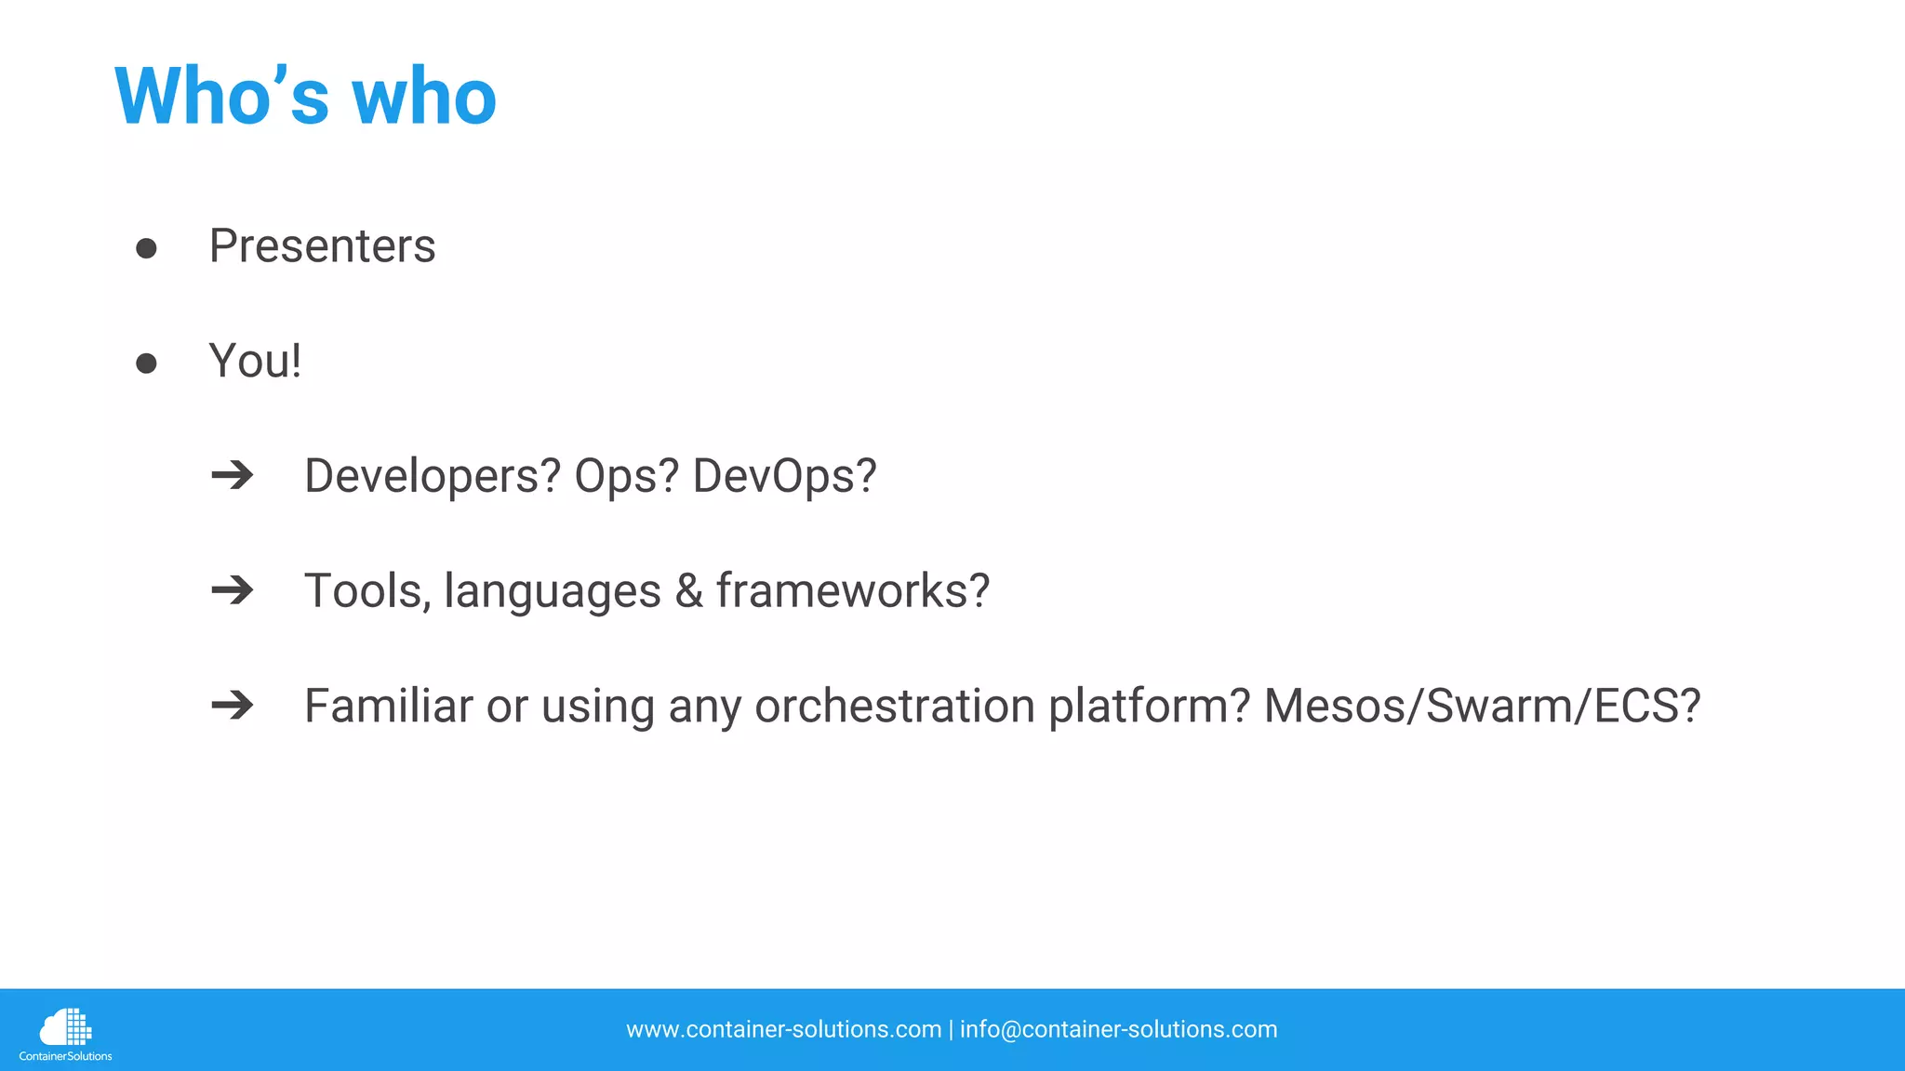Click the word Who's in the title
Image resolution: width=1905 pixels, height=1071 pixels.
(x=221, y=97)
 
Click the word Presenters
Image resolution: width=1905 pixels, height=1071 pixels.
(x=322, y=246)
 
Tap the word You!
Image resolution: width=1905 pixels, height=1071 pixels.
(x=255, y=362)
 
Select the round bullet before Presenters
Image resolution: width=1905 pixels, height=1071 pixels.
(x=146, y=248)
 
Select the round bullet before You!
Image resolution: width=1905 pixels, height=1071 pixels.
(x=146, y=363)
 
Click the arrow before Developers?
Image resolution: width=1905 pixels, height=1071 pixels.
(x=233, y=476)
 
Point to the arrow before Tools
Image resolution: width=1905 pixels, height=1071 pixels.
(x=233, y=590)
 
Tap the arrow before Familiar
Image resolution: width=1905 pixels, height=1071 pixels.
(x=233, y=706)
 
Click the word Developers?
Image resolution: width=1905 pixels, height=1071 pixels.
(x=433, y=477)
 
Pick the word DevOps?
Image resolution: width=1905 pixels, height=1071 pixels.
(x=784, y=477)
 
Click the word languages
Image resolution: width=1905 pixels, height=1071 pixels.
(x=553, y=592)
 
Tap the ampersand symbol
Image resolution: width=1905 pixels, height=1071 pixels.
(x=688, y=591)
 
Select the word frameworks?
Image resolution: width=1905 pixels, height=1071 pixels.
(x=852, y=591)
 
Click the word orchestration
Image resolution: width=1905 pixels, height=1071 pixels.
(x=895, y=707)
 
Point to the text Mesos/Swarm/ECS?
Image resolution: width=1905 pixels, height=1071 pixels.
(x=1482, y=707)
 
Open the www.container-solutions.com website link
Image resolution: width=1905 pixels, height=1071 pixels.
(x=783, y=1030)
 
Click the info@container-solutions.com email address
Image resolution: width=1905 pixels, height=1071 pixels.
(x=1118, y=1030)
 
